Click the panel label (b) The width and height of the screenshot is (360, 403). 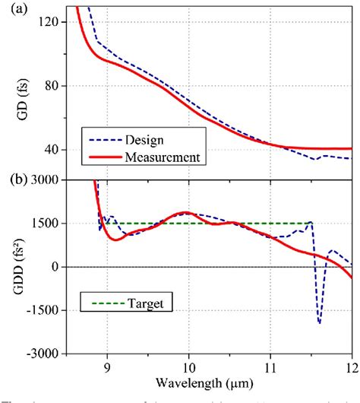[15, 180]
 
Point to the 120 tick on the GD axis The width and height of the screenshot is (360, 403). [50, 22]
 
